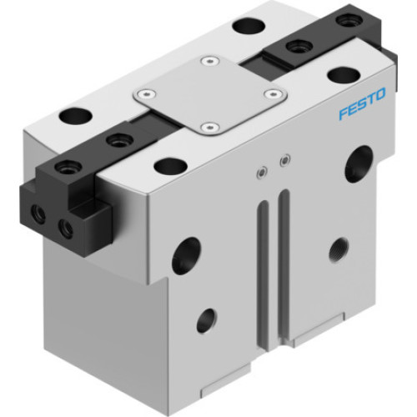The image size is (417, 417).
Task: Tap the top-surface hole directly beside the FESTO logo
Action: pyautogui.click(x=342, y=75)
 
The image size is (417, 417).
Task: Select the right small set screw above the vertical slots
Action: pyautogui.click(x=286, y=159)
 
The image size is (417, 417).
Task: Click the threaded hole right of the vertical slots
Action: pyautogui.click(x=338, y=248)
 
